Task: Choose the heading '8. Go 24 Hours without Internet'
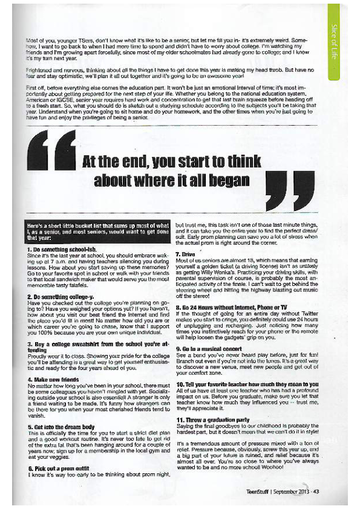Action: click(x=227, y=292)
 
